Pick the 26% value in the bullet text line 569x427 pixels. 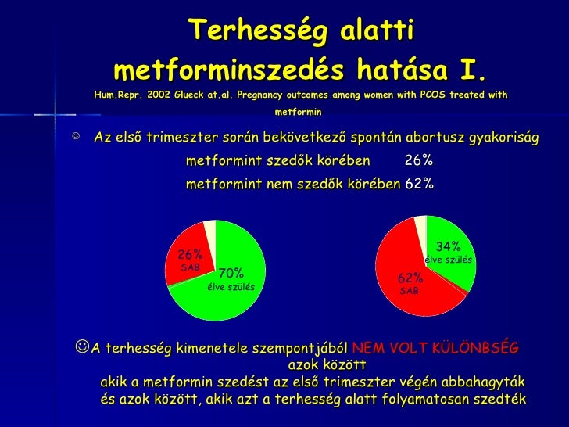pyautogui.click(x=419, y=162)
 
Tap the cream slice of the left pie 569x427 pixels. pyautogui.click(x=209, y=228)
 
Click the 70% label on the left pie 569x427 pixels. pyautogui.click(x=231, y=274)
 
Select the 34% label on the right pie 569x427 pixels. pyautogui.click(x=449, y=247)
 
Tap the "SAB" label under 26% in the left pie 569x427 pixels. pyautogui.click(x=191, y=267)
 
